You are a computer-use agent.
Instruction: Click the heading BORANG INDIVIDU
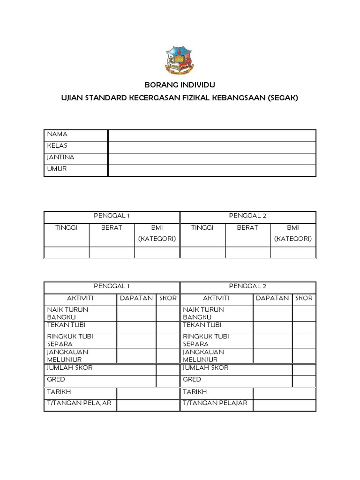[x=180, y=86]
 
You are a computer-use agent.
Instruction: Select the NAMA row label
[x=57, y=135]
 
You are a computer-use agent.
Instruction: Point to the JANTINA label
[x=60, y=157]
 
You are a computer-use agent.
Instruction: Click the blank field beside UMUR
[x=212, y=170]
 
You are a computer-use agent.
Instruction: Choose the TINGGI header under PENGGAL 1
[x=66, y=227]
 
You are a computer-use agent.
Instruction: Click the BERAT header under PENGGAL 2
[x=247, y=227]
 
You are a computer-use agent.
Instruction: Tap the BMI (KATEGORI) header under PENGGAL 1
[x=157, y=233]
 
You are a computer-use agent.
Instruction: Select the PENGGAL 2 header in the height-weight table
[x=247, y=216]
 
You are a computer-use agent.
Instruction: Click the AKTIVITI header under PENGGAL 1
[x=80, y=298]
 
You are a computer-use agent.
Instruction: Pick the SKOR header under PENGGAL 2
[x=304, y=298]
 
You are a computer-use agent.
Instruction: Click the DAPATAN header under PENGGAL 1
[x=136, y=298]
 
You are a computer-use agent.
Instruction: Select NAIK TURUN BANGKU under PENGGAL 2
[x=203, y=313]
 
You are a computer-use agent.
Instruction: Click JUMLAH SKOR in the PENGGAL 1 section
[x=69, y=368]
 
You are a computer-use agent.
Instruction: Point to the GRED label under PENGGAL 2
[x=192, y=379]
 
